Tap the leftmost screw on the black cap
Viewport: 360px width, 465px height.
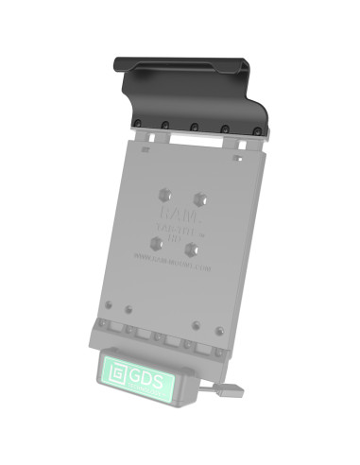(138, 123)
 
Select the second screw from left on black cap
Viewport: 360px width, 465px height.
(163, 125)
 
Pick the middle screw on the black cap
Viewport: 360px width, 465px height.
(193, 127)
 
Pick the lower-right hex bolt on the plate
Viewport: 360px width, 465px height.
(192, 249)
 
